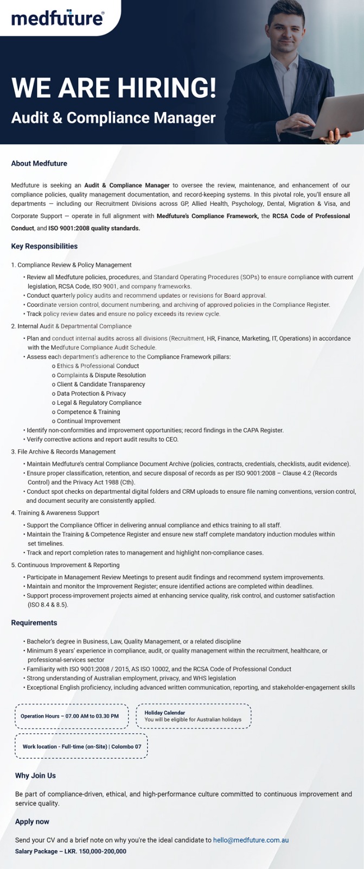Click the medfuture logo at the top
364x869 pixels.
57,18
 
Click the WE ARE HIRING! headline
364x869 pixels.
114,88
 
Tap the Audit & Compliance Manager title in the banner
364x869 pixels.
113,118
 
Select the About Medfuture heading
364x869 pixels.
39,163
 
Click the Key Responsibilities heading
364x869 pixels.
44,247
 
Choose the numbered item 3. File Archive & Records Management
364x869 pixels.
63,452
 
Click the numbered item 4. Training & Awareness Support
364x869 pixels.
55,513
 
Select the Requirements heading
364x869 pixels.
34,623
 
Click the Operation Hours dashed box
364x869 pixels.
71,716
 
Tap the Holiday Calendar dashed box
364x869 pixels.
193,716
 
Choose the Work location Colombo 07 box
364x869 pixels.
81,747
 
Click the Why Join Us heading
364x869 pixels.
35,776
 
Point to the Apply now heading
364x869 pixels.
32,822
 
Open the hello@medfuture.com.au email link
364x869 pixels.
251,840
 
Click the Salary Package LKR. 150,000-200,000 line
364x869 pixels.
71,852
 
